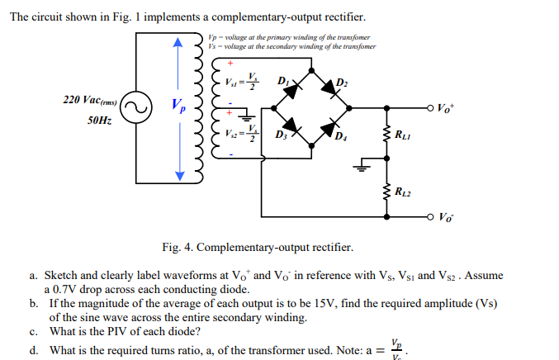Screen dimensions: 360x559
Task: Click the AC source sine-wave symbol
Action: [x=137, y=107]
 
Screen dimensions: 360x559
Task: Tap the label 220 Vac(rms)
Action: [x=89, y=100]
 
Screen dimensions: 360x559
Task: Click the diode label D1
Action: [x=283, y=81]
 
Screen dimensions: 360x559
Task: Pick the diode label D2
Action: [x=343, y=81]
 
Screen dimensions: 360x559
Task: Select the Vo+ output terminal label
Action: [x=445, y=107]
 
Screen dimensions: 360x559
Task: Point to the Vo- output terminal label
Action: [x=445, y=218]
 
